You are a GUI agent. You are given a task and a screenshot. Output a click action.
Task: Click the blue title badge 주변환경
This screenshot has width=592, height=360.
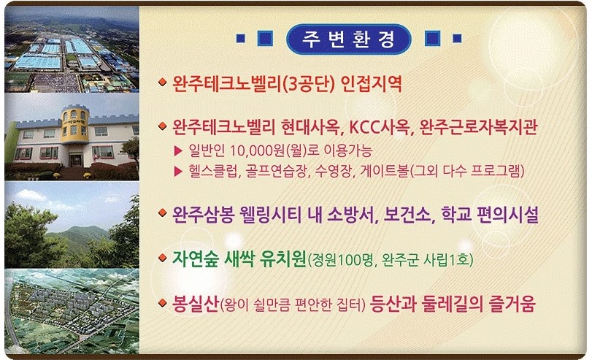click(348, 39)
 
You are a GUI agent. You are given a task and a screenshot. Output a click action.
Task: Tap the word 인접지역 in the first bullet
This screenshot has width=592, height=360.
click(371, 84)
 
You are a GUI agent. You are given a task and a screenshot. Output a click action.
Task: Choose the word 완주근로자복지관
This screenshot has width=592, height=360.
click(478, 127)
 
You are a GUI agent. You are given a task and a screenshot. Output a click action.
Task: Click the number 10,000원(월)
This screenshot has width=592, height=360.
click(267, 150)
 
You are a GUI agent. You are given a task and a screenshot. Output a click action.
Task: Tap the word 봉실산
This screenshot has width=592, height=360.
click(196, 304)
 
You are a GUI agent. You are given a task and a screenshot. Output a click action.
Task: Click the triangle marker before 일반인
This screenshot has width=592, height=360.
click(178, 151)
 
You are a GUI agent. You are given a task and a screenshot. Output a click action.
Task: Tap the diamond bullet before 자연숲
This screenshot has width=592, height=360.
click(163, 258)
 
